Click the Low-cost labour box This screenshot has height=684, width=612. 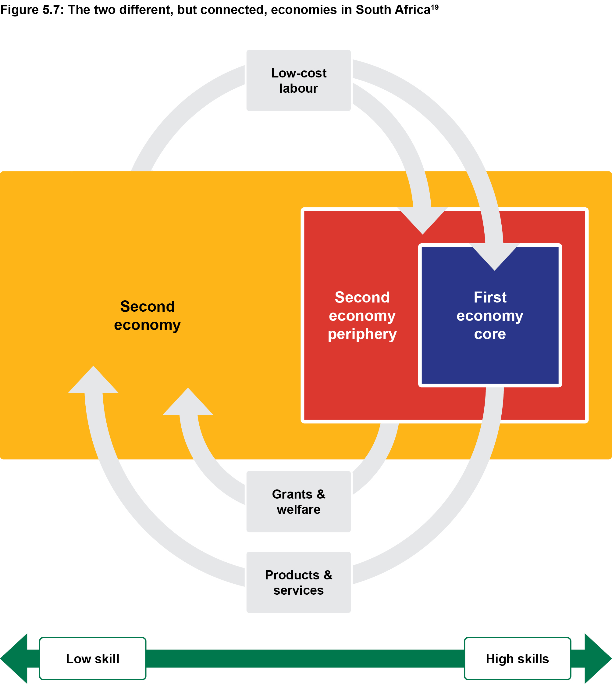298,81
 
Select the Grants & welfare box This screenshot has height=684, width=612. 298,501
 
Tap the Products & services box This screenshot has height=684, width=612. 298,582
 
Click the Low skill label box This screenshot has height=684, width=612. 92,659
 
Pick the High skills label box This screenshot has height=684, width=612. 517,659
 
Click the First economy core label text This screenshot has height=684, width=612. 490,316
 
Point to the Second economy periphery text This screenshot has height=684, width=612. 362,316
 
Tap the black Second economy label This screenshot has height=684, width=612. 147,316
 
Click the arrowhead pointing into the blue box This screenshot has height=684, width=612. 494,257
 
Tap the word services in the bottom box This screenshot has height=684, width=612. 298,590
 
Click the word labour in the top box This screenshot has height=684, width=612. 298,88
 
